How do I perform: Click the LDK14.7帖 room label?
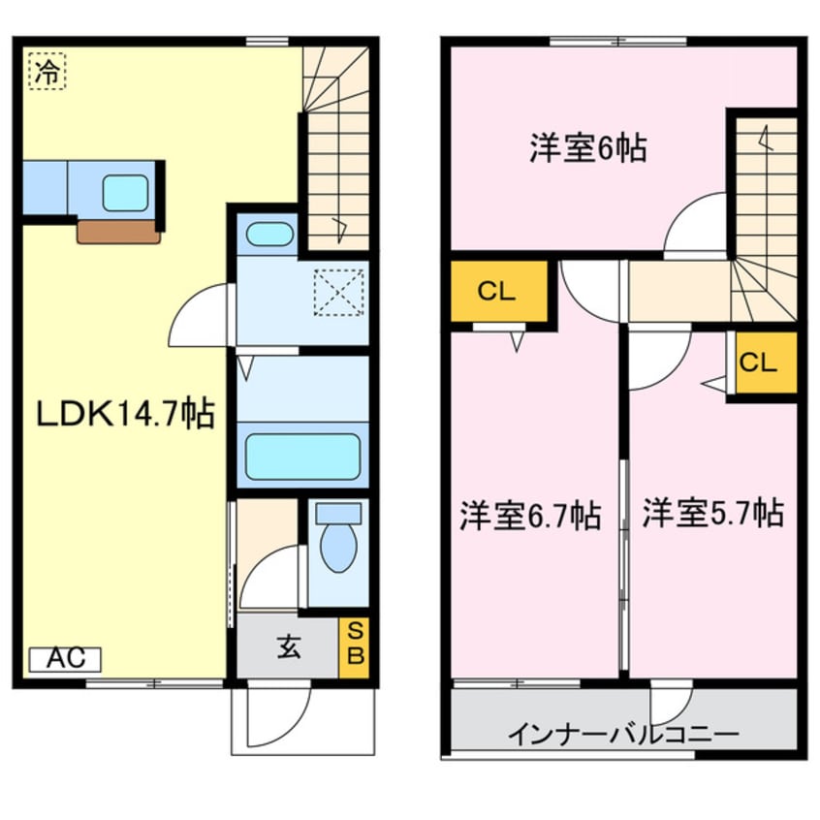coord(125,414)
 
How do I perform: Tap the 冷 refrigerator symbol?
coord(47,71)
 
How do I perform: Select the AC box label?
coord(65,659)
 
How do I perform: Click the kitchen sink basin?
coord(125,193)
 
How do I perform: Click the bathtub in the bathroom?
coord(302,457)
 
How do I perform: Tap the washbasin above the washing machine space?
coord(268,234)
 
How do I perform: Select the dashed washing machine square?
coord(338,293)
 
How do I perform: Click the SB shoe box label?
coord(355,647)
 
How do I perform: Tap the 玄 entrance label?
coord(288,648)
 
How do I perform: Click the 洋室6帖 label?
coord(587,148)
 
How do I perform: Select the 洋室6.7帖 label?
coord(530,516)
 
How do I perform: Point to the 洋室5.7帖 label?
coord(713,513)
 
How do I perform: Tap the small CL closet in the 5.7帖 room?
coord(766,362)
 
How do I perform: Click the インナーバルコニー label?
coord(622,735)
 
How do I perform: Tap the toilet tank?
coord(338,514)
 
